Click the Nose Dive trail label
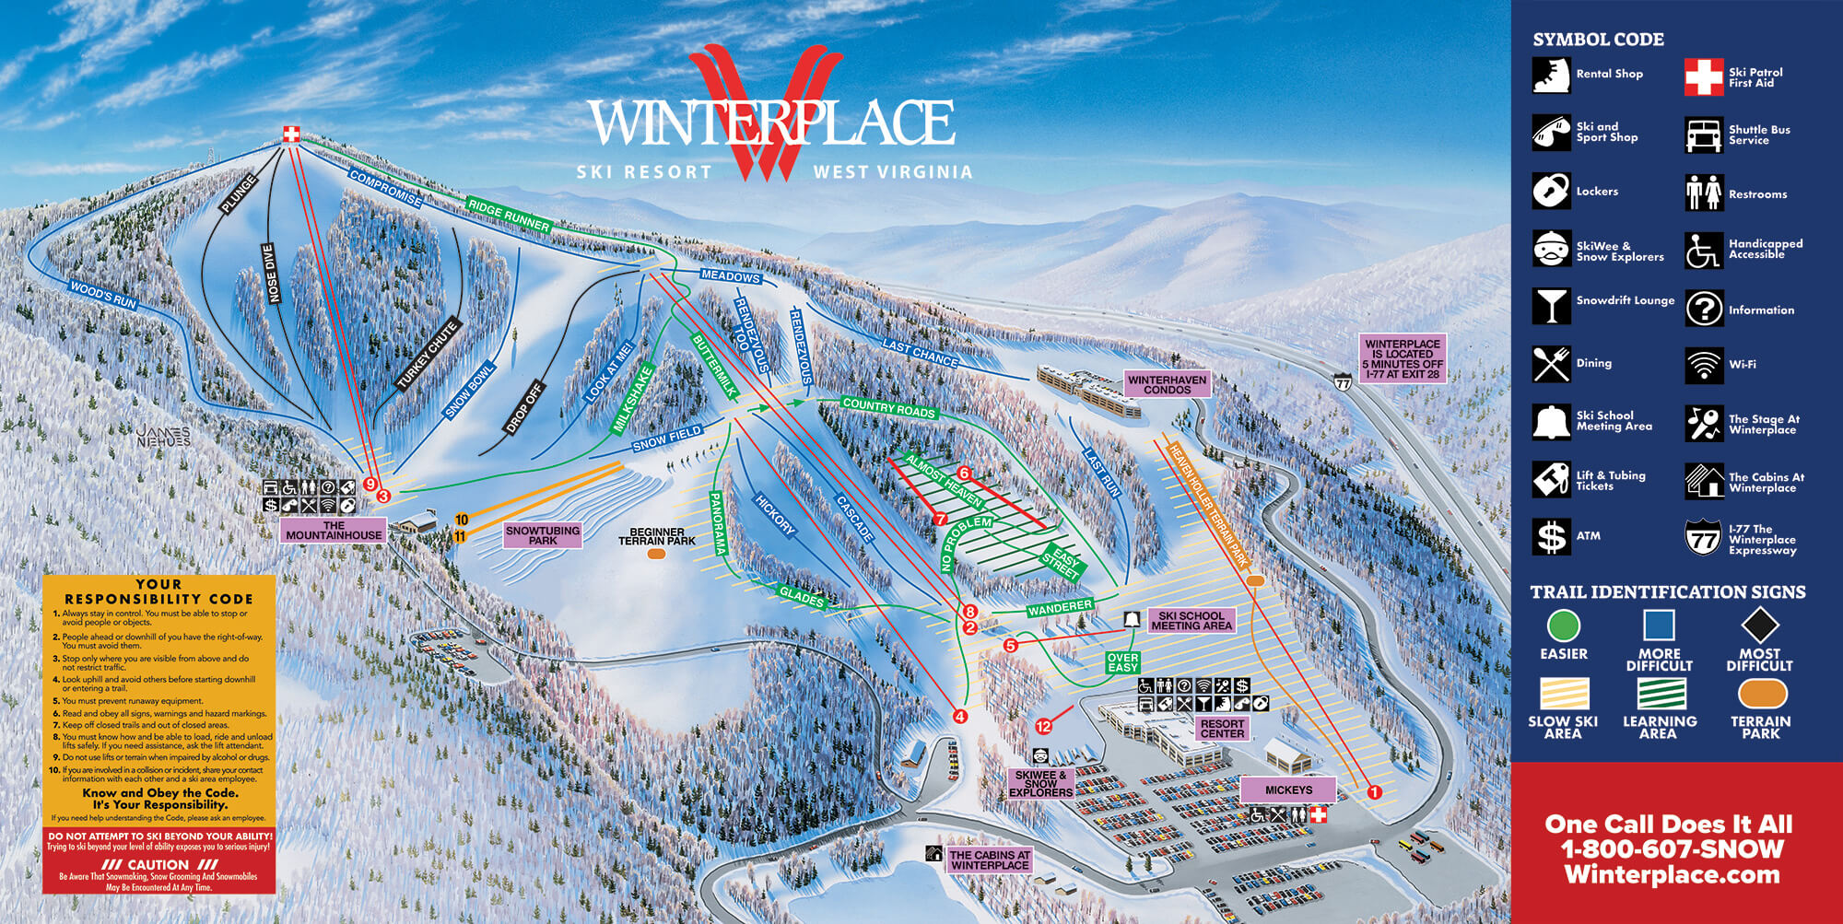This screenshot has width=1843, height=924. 270,274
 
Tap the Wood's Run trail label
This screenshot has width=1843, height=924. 103,295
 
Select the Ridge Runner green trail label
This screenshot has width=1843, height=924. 508,215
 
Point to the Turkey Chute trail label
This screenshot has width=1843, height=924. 428,355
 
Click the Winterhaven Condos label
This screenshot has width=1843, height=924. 1167,384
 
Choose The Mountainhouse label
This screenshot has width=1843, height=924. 334,530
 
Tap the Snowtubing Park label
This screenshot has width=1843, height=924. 543,535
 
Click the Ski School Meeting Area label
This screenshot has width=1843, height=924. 1191,621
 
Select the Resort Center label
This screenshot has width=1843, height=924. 1222,729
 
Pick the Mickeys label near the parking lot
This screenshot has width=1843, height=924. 1288,789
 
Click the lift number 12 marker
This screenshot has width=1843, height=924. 1043,726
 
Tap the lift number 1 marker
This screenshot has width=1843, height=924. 1374,791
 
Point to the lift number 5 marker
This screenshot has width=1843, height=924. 1011,645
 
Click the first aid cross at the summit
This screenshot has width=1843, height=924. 291,135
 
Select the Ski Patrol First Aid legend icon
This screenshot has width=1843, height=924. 1703,77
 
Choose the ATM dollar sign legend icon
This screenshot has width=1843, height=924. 1551,536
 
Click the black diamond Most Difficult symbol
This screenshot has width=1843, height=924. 1759,626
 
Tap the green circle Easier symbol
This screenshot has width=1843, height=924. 1563,626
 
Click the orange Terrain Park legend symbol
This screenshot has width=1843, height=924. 1761,694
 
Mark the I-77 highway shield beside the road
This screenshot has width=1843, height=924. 1344,381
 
